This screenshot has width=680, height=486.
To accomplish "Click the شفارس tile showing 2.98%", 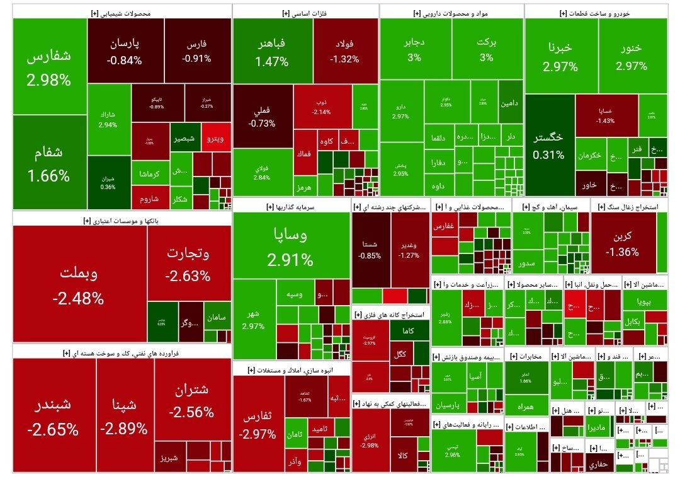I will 49,67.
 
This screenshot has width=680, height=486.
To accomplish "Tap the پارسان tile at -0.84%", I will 125,52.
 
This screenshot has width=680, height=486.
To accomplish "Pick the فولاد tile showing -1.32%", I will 345,51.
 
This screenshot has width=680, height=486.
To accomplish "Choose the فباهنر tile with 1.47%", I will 272,52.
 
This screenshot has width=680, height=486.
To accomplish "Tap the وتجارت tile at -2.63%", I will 188,264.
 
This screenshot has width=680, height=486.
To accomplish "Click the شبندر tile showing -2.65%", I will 53,416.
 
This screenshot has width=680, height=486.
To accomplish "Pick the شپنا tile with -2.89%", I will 124,416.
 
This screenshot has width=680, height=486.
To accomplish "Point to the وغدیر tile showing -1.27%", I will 409,250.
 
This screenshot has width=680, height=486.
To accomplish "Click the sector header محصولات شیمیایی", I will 121,13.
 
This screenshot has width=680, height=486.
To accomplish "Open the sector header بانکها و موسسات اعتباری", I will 122,221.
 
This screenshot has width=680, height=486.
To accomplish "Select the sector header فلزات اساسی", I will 305,13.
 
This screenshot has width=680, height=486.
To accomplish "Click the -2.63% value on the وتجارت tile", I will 188,275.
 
